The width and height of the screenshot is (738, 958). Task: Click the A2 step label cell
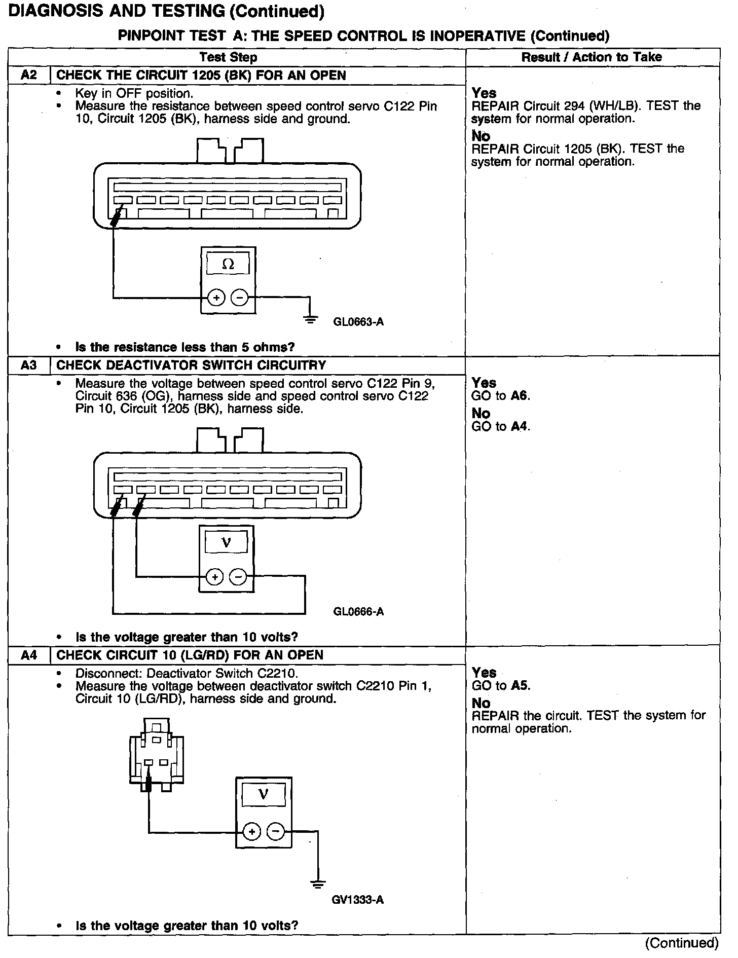(x=29, y=76)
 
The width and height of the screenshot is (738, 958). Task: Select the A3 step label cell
(x=29, y=365)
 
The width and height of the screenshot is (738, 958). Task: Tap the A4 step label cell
(x=29, y=655)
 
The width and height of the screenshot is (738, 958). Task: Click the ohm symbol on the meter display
(x=228, y=265)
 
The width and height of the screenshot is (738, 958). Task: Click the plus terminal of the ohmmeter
(x=216, y=298)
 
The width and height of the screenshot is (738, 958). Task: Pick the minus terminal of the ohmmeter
(x=239, y=298)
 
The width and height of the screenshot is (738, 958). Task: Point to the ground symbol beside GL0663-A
(x=311, y=319)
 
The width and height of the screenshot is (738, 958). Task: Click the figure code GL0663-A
(x=358, y=322)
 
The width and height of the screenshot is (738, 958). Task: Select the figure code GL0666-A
(x=358, y=612)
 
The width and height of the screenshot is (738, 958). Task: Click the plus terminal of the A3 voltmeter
(x=215, y=577)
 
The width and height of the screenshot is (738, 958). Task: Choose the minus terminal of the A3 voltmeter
(x=238, y=577)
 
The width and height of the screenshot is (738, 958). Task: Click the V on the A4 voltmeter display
(x=263, y=794)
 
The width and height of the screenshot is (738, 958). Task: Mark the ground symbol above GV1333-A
(x=318, y=885)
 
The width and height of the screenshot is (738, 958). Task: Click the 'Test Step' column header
(x=228, y=57)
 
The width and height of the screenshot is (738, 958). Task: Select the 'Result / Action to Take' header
(x=592, y=57)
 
